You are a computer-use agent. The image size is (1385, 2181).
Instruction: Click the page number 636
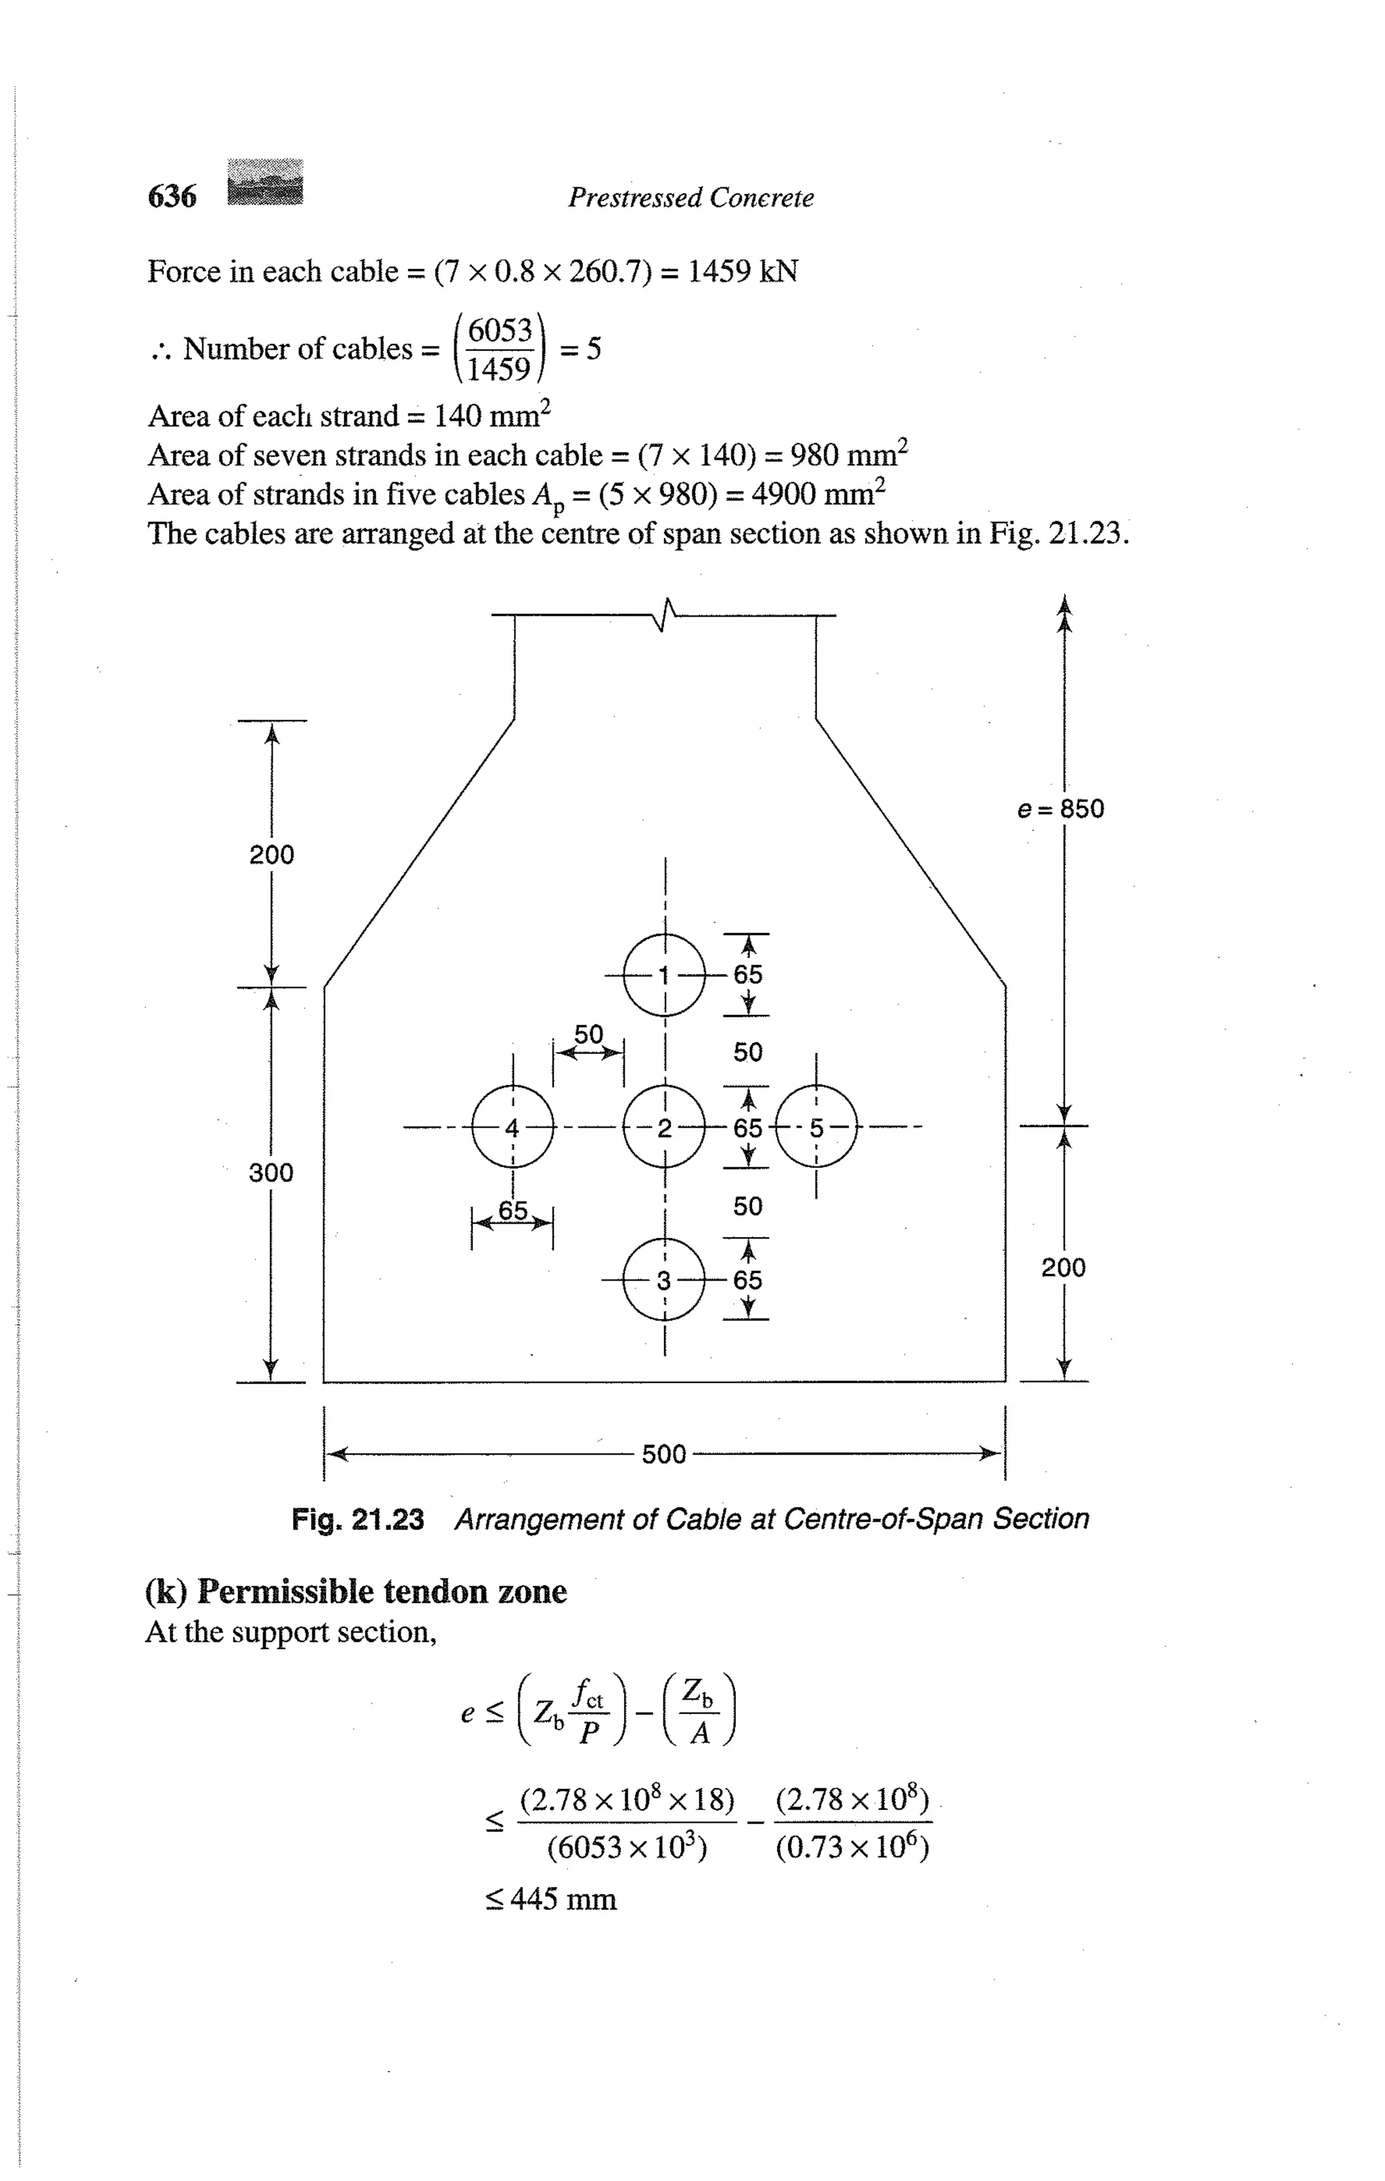(x=172, y=195)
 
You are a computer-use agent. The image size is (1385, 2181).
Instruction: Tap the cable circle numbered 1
(x=664, y=975)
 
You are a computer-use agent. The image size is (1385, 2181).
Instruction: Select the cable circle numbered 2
(x=664, y=1128)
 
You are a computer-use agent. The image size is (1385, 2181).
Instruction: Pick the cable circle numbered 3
(x=664, y=1280)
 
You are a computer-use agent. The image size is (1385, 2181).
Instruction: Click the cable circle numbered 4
(x=513, y=1128)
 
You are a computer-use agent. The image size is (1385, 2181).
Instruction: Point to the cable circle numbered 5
(x=816, y=1128)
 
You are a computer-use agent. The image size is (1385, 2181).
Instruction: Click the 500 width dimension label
(x=664, y=1455)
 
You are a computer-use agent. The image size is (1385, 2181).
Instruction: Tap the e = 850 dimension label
(x=1060, y=809)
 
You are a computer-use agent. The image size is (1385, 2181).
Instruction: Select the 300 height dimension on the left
(x=271, y=1173)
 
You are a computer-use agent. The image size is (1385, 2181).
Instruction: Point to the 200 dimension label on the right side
(x=1063, y=1267)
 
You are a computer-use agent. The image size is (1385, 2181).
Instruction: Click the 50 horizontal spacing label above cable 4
(x=589, y=1034)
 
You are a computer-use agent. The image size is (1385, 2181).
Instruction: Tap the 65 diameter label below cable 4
(x=513, y=1210)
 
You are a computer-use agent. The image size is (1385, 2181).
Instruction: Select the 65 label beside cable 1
(x=748, y=975)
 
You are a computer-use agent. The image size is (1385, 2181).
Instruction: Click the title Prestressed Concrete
(x=690, y=197)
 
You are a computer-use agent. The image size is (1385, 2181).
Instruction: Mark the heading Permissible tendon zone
(x=356, y=1591)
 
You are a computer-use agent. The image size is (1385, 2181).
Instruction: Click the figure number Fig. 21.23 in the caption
(x=358, y=1519)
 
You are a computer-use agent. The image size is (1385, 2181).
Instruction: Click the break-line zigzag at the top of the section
(x=665, y=615)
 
